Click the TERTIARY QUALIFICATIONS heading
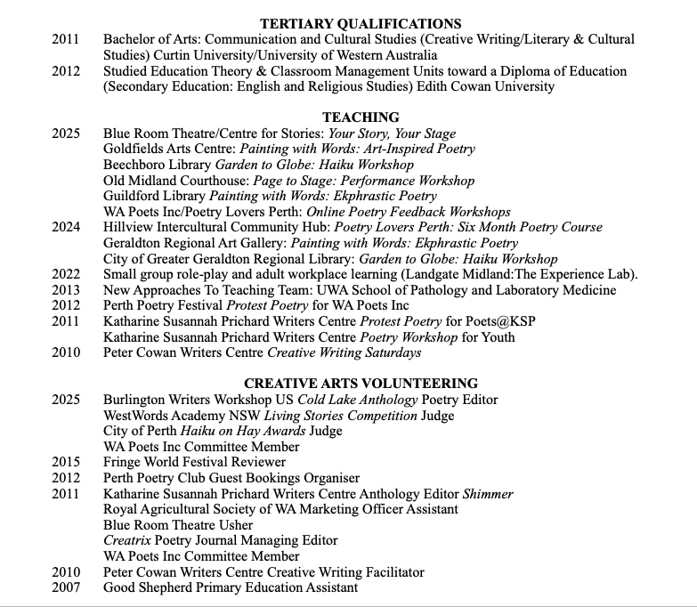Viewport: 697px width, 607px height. pyautogui.click(x=361, y=24)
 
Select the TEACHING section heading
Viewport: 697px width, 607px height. pyautogui.click(x=361, y=117)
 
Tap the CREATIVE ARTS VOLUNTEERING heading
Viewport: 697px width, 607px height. pyautogui.click(x=361, y=384)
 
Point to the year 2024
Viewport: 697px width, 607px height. pyautogui.click(x=66, y=227)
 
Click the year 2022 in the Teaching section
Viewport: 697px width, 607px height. pyautogui.click(x=66, y=274)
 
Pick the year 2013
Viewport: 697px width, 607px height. pyautogui.click(x=66, y=290)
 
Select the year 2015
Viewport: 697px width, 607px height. pyautogui.click(x=66, y=462)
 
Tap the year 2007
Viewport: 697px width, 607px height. pyautogui.click(x=66, y=587)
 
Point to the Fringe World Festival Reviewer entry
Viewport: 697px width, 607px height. pyautogui.click(x=194, y=462)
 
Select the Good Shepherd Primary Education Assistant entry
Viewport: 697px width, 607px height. pyautogui.click(x=231, y=587)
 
